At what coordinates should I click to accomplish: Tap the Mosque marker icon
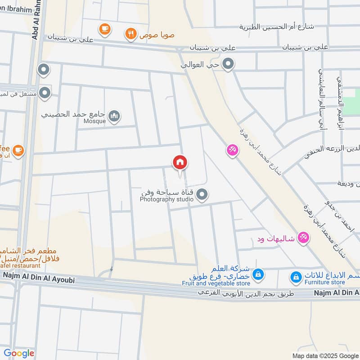coord(115,117)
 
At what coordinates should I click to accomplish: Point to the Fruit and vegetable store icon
coord(258,274)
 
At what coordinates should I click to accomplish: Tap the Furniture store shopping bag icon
coord(296,277)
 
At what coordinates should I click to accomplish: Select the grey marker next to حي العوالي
coord(229,64)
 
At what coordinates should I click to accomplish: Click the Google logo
coord(18,353)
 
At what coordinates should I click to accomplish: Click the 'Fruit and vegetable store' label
coord(216,283)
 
